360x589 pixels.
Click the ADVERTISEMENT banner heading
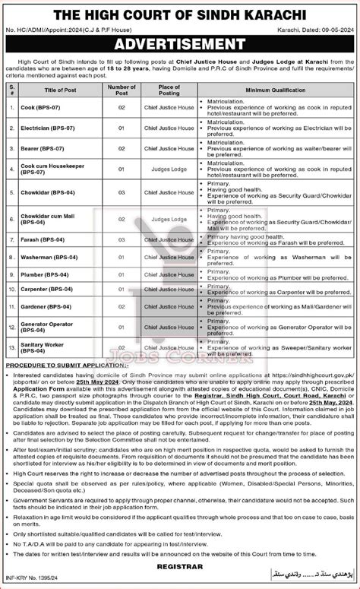pos(179,41)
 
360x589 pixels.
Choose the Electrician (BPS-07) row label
pos(46,129)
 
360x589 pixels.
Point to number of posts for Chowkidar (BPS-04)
pos(118,192)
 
